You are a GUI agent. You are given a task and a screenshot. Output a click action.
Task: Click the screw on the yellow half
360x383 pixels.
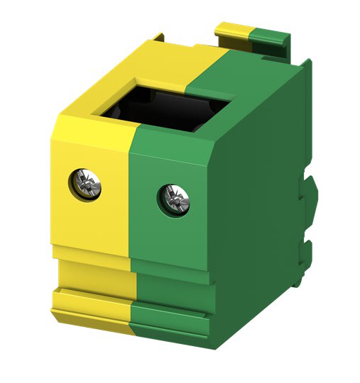(87, 184)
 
